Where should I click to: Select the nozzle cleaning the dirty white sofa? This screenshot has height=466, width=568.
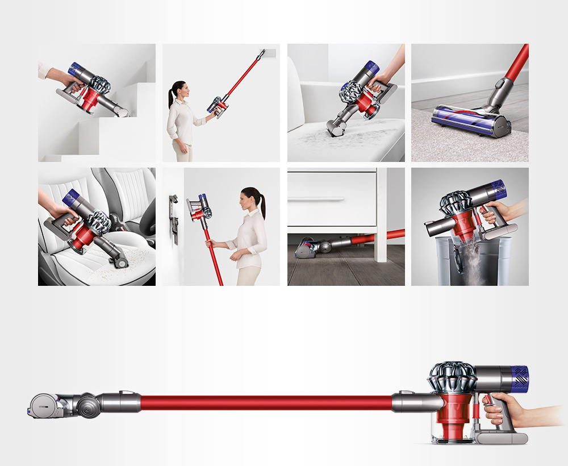tap(338, 130)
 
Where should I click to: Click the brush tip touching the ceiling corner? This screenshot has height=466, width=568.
tap(263, 53)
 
